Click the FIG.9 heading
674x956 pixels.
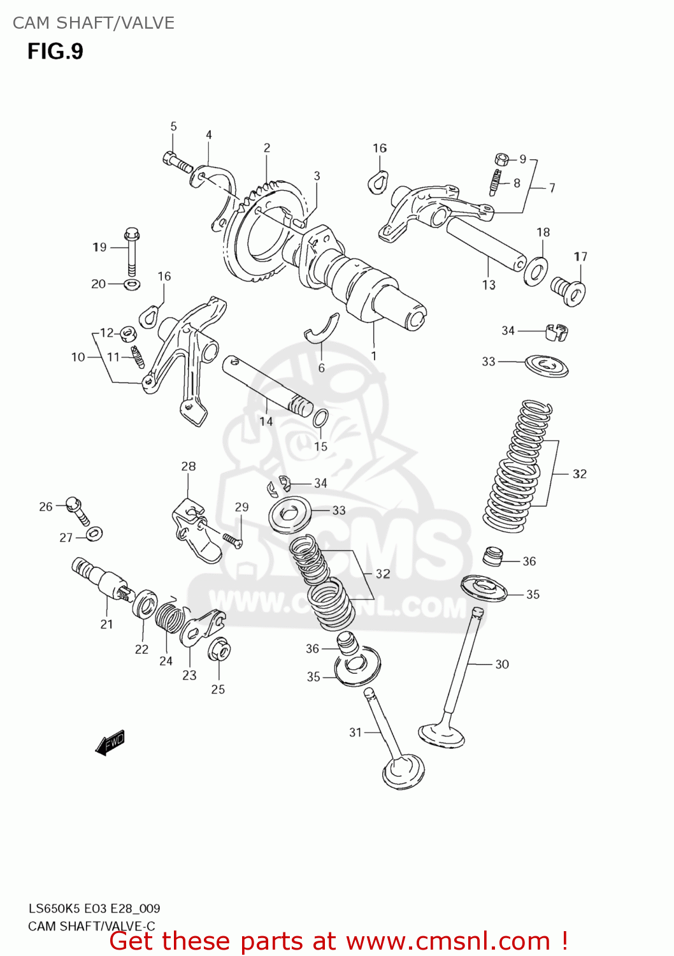click(x=55, y=51)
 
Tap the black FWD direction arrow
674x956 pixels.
click(x=110, y=742)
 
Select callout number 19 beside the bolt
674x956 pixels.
click(x=99, y=247)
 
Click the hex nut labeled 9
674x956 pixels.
click(x=501, y=159)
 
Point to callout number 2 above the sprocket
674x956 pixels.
click(x=267, y=148)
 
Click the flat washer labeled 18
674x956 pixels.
click(x=536, y=272)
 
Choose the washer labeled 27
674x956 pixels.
click(x=94, y=533)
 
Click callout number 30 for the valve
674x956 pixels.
click(x=502, y=664)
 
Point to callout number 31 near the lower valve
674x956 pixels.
click(x=355, y=732)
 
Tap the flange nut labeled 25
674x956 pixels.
click(x=219, y=650)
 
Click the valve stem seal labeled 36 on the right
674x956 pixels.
click(x=492, y=556)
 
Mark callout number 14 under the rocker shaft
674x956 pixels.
click(x=266, y=421)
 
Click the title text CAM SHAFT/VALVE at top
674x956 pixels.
click(x=94, y=23)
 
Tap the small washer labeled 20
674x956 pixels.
click(x=132, y=283)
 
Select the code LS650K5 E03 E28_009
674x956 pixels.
click(x=94, y=908)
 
